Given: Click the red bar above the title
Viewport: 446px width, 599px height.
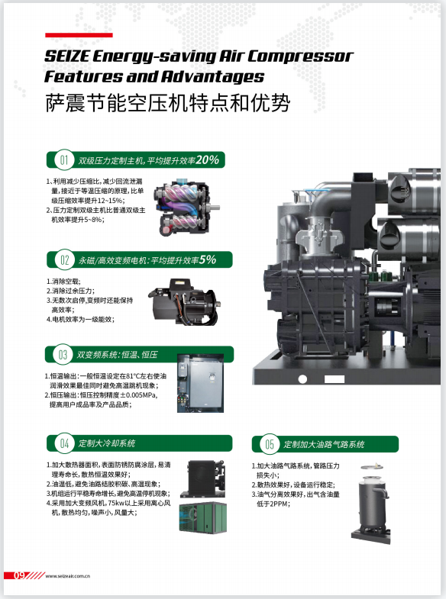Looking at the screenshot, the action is [x=79, y=35].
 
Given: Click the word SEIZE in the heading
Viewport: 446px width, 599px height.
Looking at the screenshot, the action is [x=67, y=56].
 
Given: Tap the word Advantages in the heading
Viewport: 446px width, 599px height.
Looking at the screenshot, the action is [x=212, y=76].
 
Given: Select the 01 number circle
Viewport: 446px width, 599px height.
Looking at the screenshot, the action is [x=64, y=159].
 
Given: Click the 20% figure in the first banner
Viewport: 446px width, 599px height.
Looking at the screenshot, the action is [x=208, y=159].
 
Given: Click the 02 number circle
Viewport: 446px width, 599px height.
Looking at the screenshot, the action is [x=65, y=260].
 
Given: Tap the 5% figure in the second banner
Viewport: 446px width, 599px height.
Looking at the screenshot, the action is [x=208, y=259].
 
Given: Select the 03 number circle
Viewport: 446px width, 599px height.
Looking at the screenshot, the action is [x=63, y=355].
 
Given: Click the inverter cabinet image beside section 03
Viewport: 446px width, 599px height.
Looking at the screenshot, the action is [x=200, y=383].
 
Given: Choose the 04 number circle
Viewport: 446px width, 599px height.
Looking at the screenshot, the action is [x=65, y=443].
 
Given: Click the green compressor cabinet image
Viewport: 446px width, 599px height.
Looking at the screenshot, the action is [x=203, y=517].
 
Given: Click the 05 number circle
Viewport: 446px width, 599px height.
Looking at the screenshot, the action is [x=270, y=444].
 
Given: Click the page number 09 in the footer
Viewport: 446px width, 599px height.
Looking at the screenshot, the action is [x=20, y=575].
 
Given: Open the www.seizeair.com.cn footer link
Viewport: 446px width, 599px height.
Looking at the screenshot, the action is [x=68, y=576].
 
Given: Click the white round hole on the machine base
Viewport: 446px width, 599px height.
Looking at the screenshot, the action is [x=302, y=379].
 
